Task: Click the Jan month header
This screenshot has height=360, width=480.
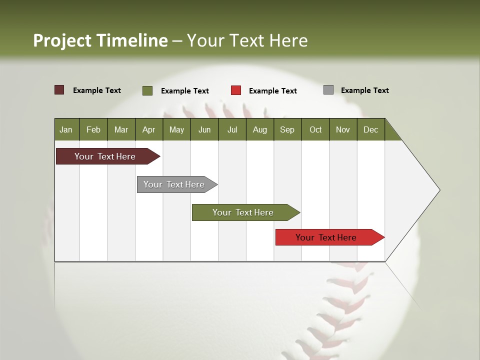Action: coord(66,129)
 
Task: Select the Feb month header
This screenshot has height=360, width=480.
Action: coord(93,129)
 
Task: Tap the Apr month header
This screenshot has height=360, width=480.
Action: coord(149,129)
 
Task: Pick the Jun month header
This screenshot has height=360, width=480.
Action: coord(204,129)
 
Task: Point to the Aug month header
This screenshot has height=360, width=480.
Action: coord(260,129)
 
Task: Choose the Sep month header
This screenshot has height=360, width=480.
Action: coord(287,129)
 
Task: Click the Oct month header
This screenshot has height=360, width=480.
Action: coord(315,129)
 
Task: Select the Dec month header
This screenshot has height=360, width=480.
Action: coord(371,129)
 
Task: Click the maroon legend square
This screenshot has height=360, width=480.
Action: coord(59,90)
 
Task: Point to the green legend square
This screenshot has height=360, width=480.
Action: coord(147,90)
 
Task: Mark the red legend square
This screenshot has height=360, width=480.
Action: coord(236,90)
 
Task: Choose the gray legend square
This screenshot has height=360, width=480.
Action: coord(328,90)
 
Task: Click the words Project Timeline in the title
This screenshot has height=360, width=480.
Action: coord(100,40)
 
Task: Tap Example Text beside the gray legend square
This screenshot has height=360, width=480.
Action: coord(364,90)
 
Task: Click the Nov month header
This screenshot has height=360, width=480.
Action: coord(343,129)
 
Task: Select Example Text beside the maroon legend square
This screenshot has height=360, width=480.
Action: coord(97,90)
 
